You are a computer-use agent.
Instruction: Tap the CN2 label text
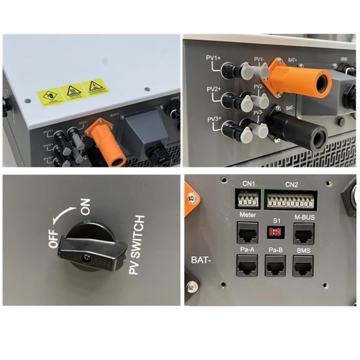tap(292, 184)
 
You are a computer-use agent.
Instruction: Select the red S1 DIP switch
tap(277, 232)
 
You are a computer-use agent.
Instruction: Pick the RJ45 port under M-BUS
tap(304, 232)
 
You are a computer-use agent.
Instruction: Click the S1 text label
tap(277, 220)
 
